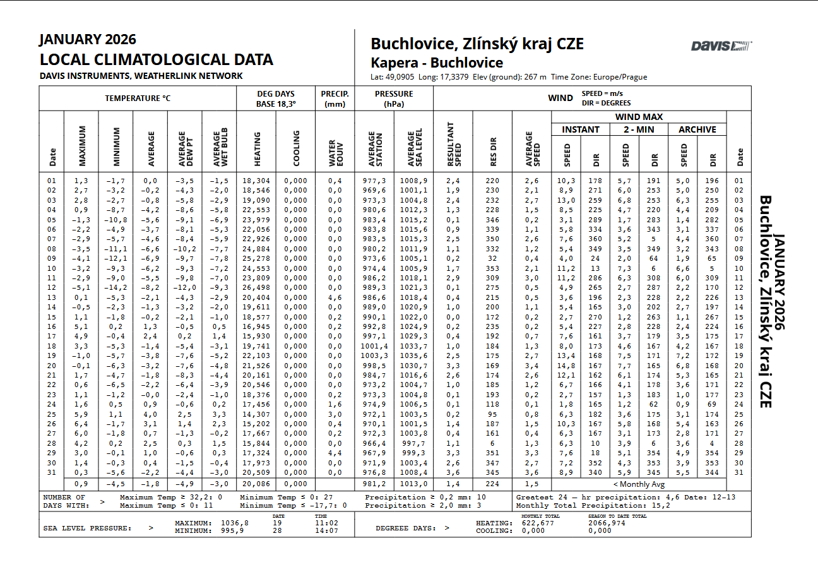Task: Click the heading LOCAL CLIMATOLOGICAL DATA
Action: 156,60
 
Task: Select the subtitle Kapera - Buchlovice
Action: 437,63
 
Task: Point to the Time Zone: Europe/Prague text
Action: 599,77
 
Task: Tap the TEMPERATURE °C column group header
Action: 138,98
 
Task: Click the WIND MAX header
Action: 639,117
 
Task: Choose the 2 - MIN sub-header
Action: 639,129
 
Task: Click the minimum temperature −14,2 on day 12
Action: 116,288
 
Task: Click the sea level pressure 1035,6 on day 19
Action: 413,356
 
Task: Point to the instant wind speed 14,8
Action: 566,366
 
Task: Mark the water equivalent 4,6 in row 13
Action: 335,297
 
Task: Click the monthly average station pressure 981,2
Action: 374,484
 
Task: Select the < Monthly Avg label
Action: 638,484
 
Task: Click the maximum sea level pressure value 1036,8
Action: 235,523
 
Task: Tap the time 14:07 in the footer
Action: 326,531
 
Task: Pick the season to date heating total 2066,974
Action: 607,523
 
